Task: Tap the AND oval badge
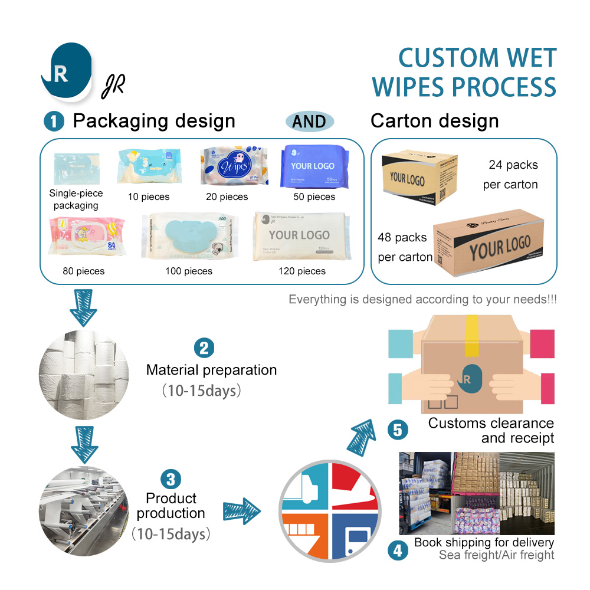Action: [309, 122]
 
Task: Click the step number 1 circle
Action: [54, 122]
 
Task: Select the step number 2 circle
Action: [204, 348]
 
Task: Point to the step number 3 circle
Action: [171, 478]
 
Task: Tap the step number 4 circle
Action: [398, 550]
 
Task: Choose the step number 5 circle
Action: [398, 430]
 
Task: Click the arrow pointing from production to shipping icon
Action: [242, 507]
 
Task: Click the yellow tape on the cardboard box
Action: [471, 336]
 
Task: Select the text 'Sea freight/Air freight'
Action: [496, 555]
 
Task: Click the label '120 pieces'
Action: [302, 271]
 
